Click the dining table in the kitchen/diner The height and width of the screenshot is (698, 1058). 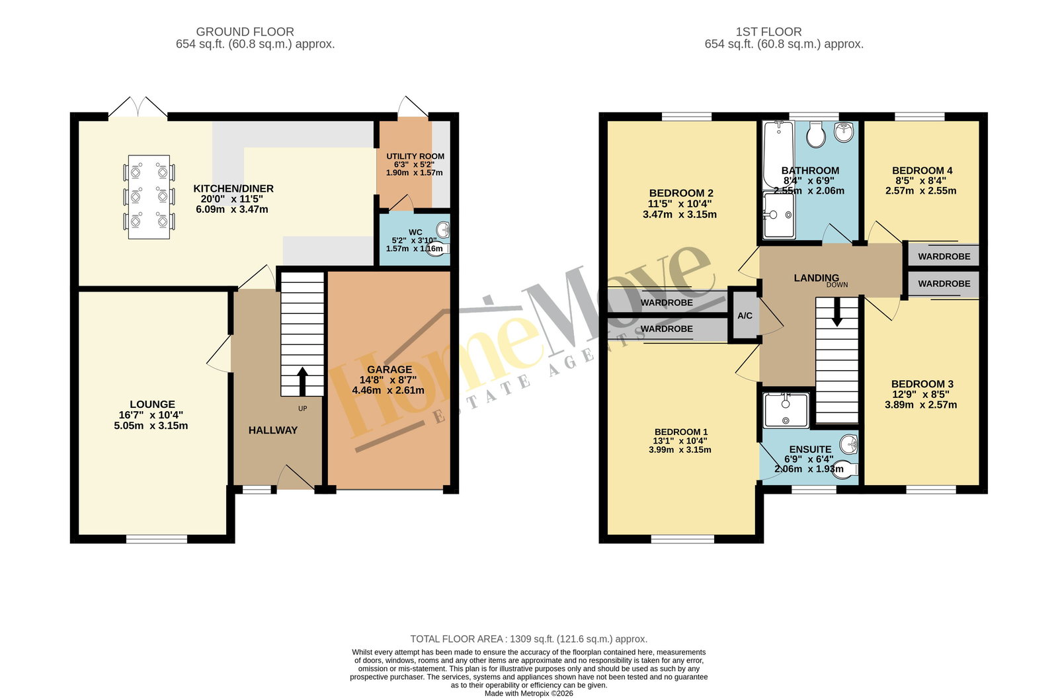[149, 197]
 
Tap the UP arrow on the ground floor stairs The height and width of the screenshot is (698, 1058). [302, 381]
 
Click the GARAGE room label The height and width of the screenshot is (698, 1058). [389, 369]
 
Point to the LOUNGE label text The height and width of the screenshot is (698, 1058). [152, 405]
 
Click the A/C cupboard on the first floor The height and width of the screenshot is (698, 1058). [745, 315]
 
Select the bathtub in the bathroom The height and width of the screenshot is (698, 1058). [778, 155]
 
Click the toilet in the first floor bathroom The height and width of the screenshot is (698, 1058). [816, 134]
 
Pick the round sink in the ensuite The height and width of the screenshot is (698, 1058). [849, 444]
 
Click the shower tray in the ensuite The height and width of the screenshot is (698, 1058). [786, 410]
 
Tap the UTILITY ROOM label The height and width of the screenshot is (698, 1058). [415, 156]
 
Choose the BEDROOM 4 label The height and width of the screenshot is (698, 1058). [922, 171]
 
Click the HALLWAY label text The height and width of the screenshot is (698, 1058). [273, 430]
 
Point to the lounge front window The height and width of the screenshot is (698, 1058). [157, 539]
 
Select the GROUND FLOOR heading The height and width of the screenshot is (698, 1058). [245, 32]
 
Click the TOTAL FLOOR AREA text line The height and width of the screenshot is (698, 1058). [528, 639]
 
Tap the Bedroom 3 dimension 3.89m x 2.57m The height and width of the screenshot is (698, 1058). [921, 405]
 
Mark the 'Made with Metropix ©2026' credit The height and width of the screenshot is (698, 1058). [528, 693]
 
